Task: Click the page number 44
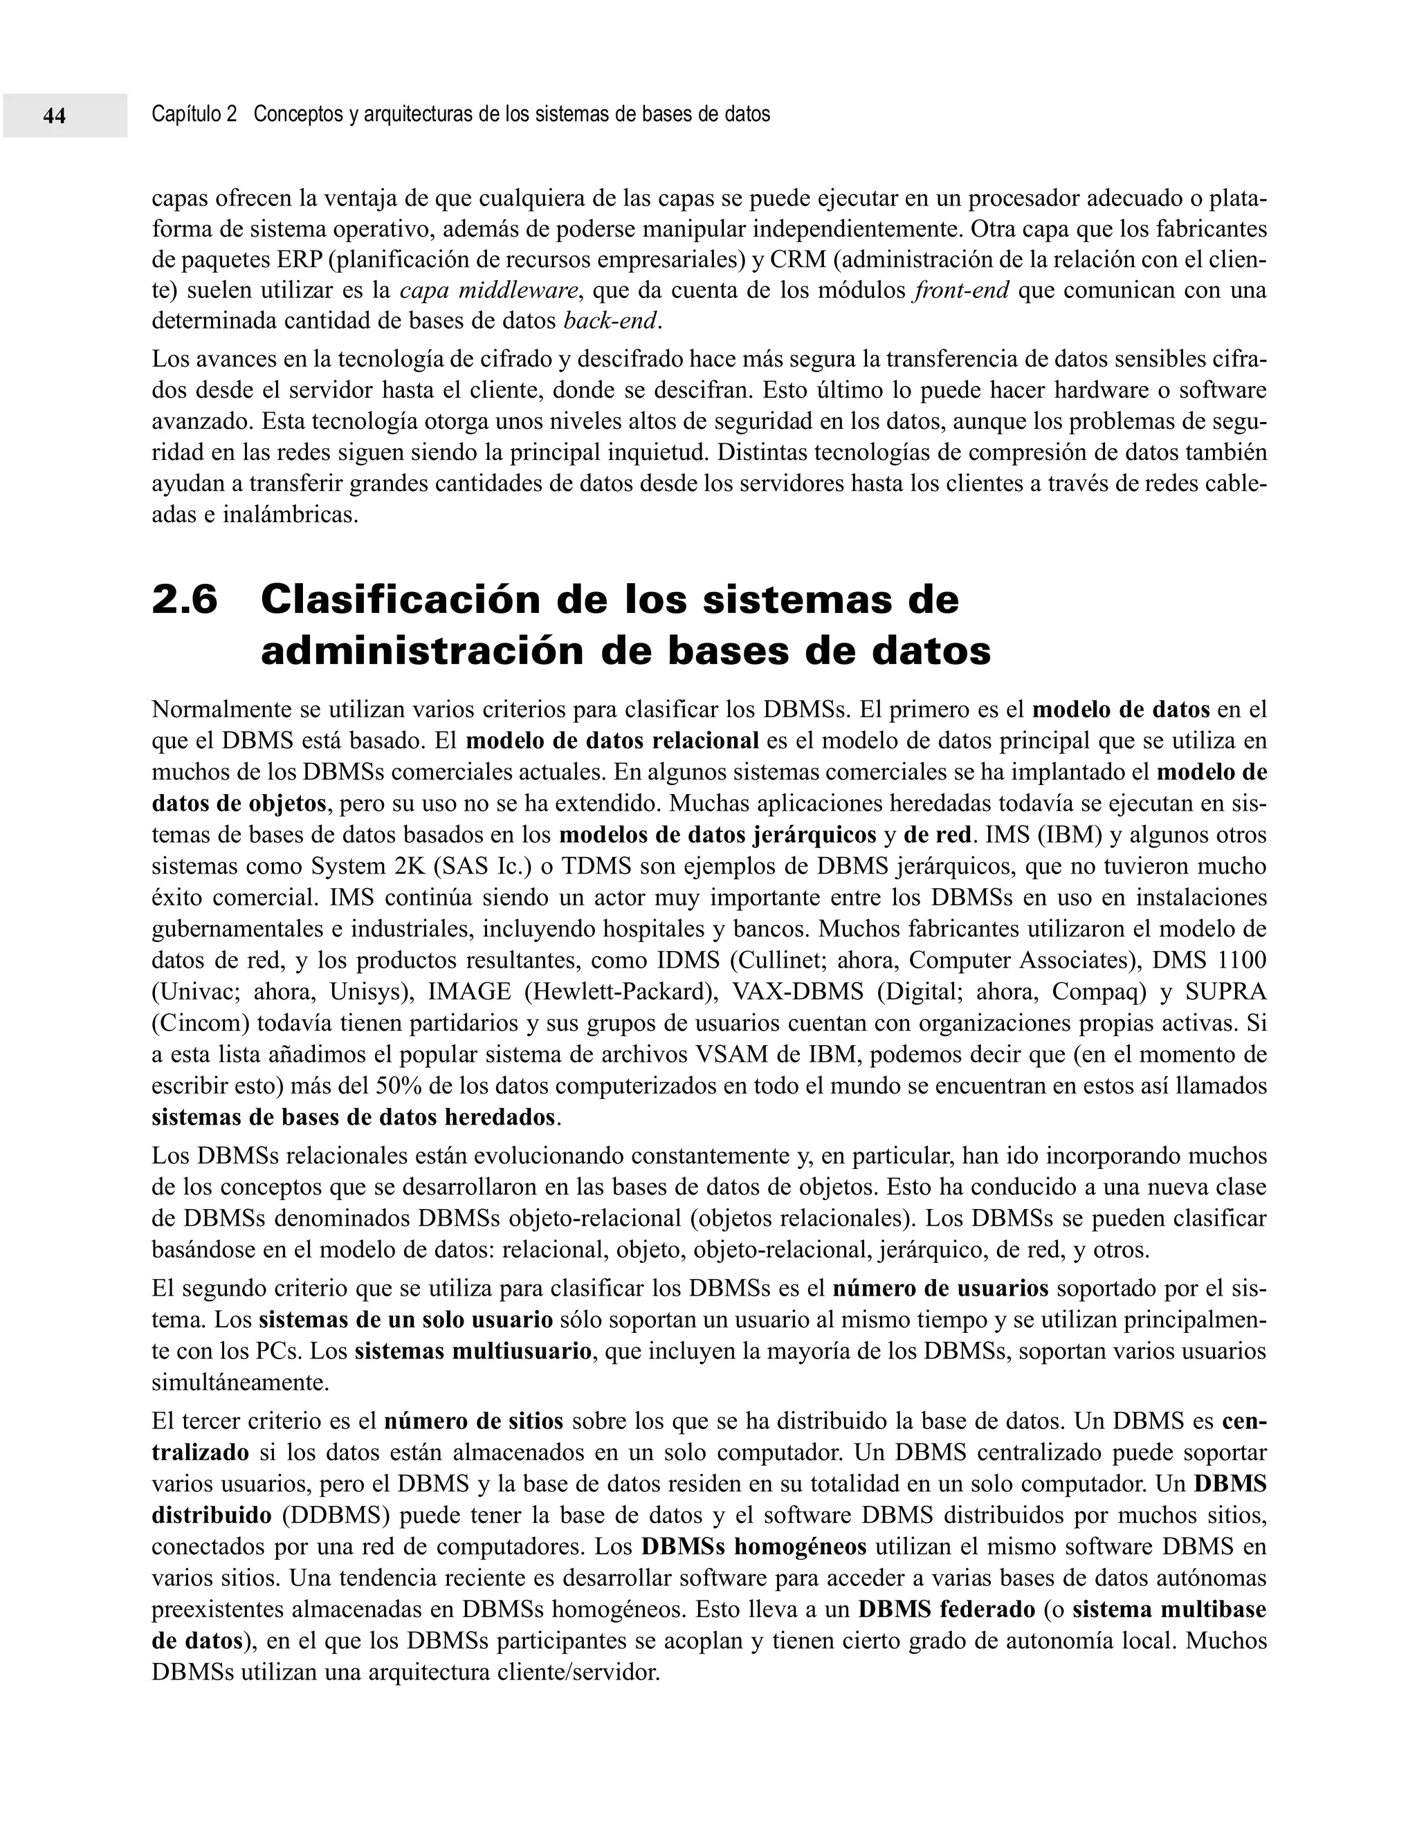[55, 116]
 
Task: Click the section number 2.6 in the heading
[185, 601]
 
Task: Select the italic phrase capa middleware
[488, 291]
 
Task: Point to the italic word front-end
[961, 291]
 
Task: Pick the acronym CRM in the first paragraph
[798, 260]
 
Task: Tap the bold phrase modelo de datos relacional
[612, 741]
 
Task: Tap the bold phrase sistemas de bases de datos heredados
[354, 1118]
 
